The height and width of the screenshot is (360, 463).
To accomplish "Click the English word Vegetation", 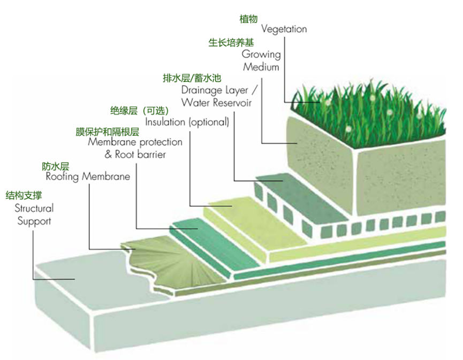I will tap(284, 29).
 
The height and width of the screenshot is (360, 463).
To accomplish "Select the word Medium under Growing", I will tap(261, 67).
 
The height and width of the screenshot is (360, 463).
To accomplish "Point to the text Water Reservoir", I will tap(216, 102).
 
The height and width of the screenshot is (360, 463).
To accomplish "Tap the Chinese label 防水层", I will tap(56, 165).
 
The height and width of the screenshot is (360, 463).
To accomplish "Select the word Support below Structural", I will tap(34, 220).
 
